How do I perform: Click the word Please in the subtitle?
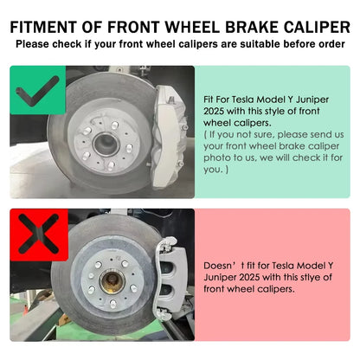coord(34,42)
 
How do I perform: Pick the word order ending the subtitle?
coord(326,42)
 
